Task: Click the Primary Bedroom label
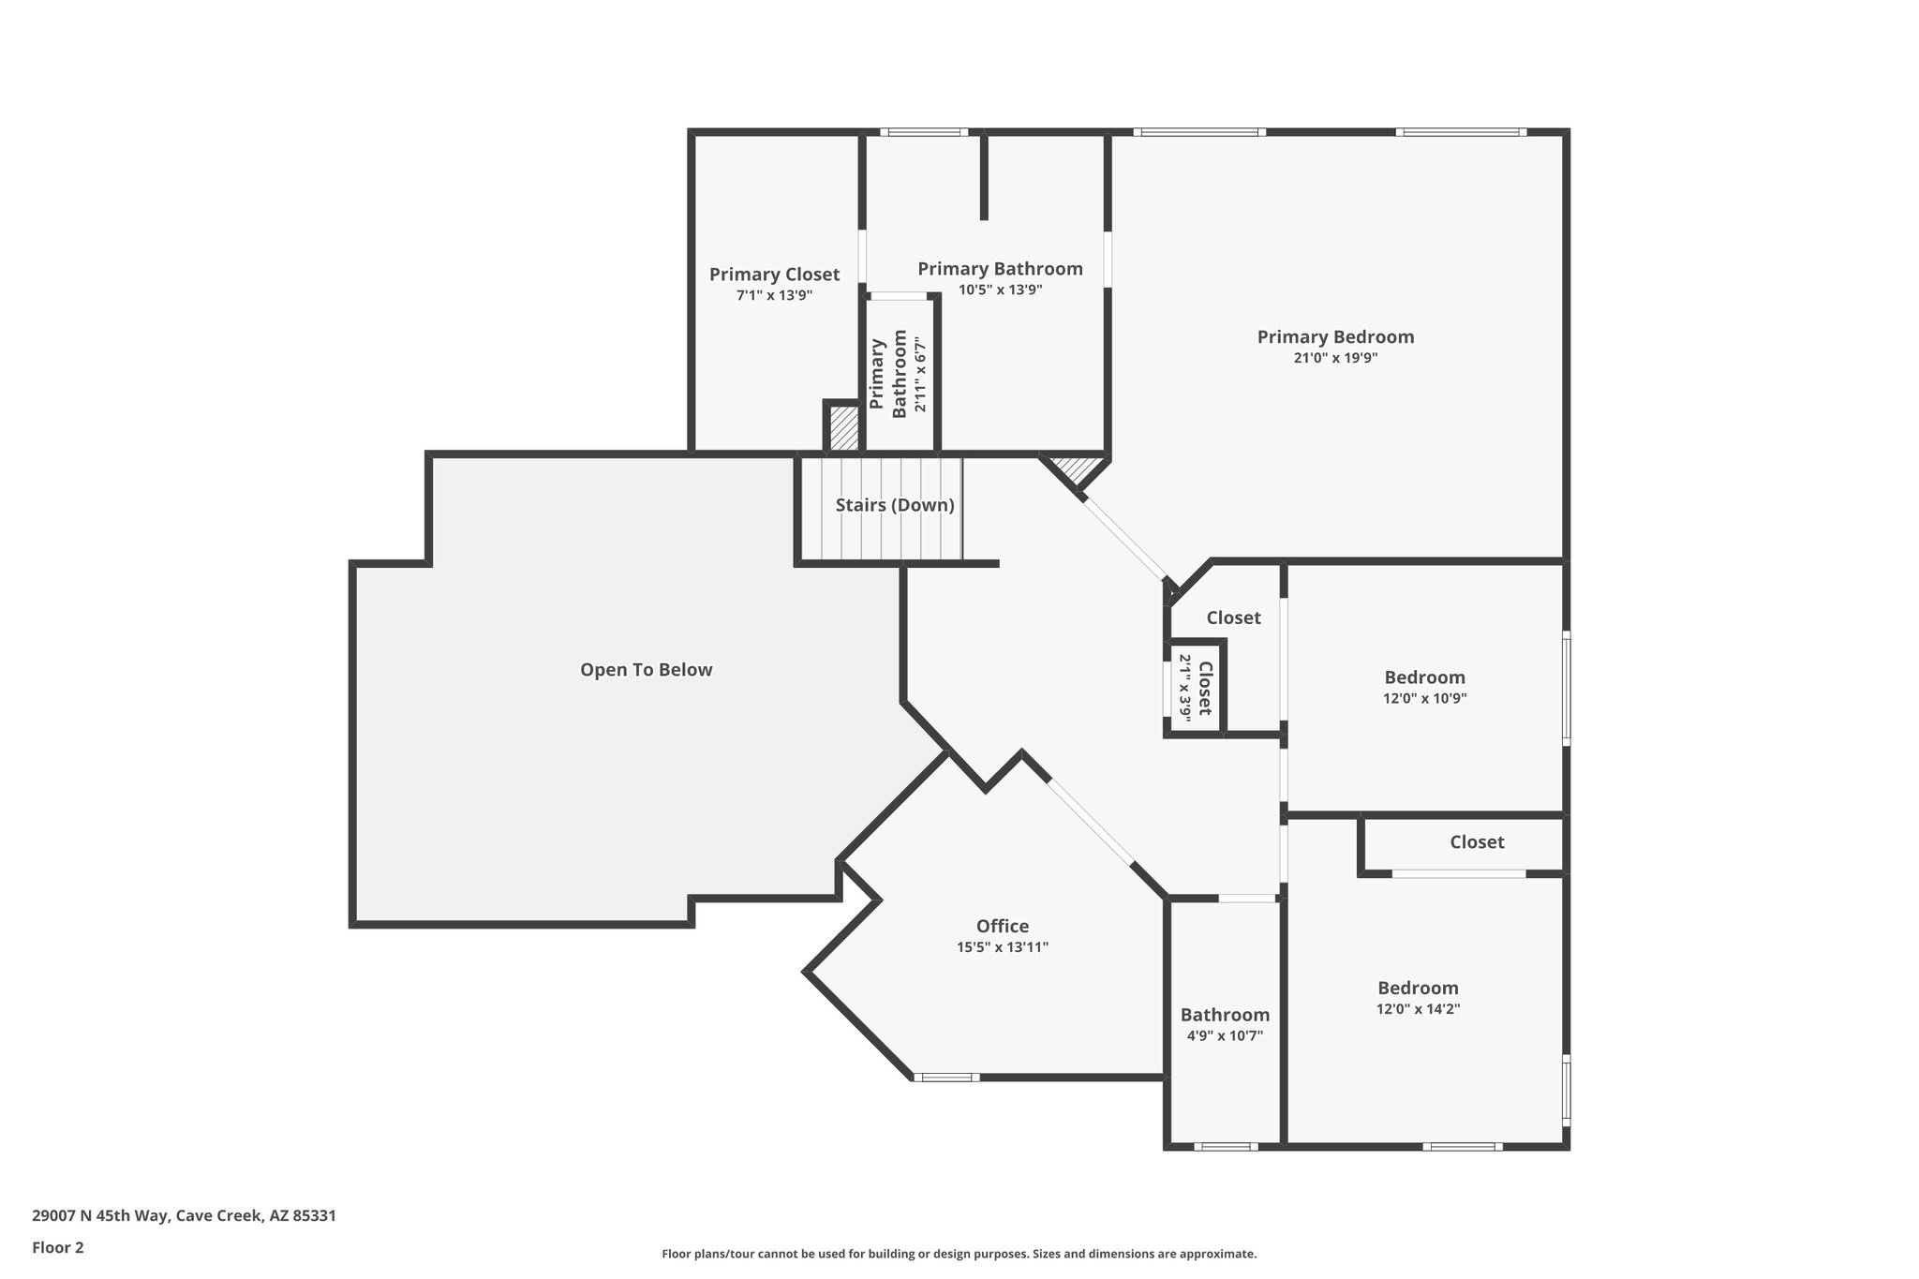click(1335, 337)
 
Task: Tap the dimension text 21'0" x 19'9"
click(1335, 358)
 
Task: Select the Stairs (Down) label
click(895, 506)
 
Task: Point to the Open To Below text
click(646, 670)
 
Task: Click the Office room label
click(1002, 927)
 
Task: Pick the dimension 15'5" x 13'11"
click(1002, 947)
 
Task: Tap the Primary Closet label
click(774, 275)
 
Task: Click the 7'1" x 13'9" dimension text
click(774, 295)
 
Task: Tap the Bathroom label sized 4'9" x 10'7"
click(1225, 1015)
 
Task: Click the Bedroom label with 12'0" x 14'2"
click(1418, 988)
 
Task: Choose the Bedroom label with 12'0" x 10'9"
click(1424, 677)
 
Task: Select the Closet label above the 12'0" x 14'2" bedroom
click(1477, 842)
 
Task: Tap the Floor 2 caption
click(58, 1247)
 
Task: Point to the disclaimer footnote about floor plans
click(959, 1254)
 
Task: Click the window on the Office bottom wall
click(946, 1078)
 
